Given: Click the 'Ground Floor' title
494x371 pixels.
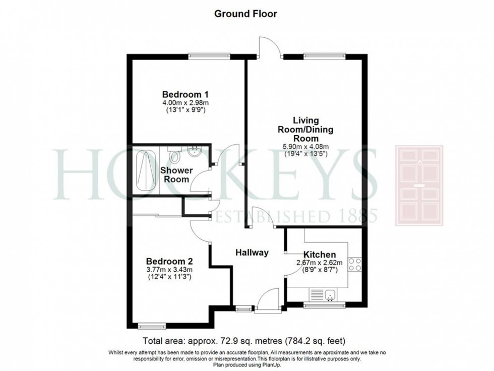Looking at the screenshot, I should (x=245, y=14).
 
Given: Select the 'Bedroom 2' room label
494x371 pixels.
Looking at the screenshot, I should (x=169, y=261).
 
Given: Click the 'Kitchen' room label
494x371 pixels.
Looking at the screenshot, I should (x=319, y=254).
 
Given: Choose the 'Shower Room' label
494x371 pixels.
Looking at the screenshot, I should (x=175, y=175).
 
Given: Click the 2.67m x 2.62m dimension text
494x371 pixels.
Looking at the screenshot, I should (x=319, y=262).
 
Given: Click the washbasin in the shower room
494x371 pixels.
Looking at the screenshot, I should (x=194, y=151).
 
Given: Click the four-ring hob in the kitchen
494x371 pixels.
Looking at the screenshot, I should (x=355, y=264).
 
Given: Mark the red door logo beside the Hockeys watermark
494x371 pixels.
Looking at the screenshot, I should (x=419, y=185).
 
